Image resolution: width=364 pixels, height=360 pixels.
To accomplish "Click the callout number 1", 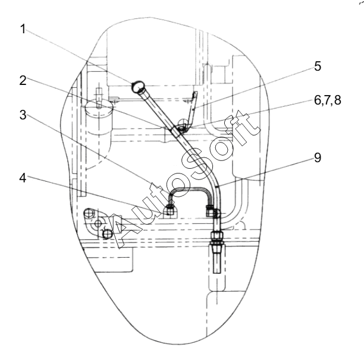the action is (x=23, y=29).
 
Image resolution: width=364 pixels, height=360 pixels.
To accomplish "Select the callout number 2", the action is (x=23, y=81).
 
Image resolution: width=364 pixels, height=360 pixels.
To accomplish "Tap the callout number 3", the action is (x=23, y=115).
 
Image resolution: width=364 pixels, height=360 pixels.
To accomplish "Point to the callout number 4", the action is (x=23, y=178).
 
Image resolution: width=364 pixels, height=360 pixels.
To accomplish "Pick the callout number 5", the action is (x=318, y=67).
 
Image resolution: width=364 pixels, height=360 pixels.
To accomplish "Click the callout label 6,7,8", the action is (x=328, y=100).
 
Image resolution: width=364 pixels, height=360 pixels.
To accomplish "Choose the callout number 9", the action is (x=318, y=158).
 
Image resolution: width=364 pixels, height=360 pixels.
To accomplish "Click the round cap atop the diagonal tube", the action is (x=137, y=86).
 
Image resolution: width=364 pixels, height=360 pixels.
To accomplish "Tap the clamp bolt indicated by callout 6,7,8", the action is (x=181, y=128).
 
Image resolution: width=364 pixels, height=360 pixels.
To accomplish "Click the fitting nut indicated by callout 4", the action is (x=170, y=210).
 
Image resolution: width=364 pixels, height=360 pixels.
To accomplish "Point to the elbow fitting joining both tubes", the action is (x=213, y=211).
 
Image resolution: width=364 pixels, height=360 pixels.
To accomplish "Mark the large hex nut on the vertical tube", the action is (x=216, y=236).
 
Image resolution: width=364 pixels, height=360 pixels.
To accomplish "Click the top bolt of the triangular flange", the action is (x=89, y=213).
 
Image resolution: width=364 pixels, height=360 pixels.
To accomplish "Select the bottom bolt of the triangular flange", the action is (x=107, y=234).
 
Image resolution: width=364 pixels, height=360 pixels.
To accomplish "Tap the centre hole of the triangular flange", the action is (x=98, y=224).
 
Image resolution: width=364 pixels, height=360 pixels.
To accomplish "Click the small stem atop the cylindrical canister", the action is (x=99, y=97).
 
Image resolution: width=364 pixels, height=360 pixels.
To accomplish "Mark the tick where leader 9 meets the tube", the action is (x=216, y=186).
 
